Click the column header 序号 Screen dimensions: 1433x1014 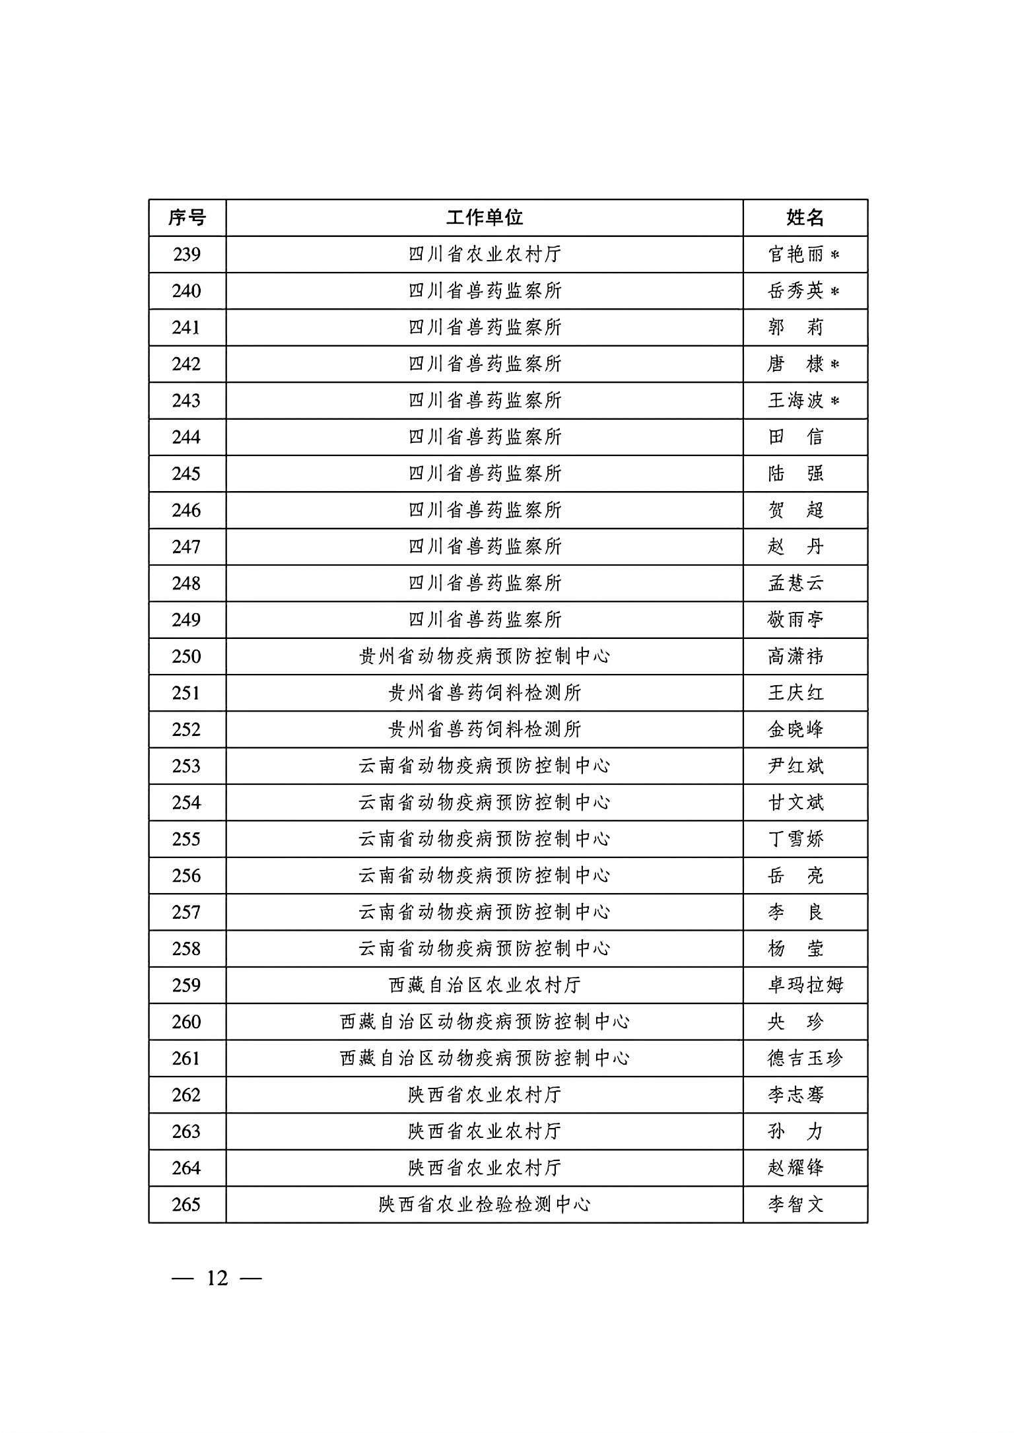point(187,218)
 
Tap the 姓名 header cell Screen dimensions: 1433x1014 point(805,218)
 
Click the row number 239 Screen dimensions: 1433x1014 point(187,255)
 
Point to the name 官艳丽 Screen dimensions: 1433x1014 point(796,255)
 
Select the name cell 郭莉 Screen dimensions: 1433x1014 point(796,328)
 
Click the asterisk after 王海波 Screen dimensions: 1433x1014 point(834,401)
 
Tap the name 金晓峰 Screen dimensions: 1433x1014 point(796,730)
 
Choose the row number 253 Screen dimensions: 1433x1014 point(187,766)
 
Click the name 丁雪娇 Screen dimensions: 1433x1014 point(796,840)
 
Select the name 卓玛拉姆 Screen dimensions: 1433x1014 point(805,985)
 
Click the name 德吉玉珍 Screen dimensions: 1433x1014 point(805,1059)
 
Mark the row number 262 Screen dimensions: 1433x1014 point(187,1095)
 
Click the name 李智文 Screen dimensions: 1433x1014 point(796,1205)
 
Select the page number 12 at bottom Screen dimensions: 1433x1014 point(217,1279)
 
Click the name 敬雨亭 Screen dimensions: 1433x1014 point(796,620)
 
